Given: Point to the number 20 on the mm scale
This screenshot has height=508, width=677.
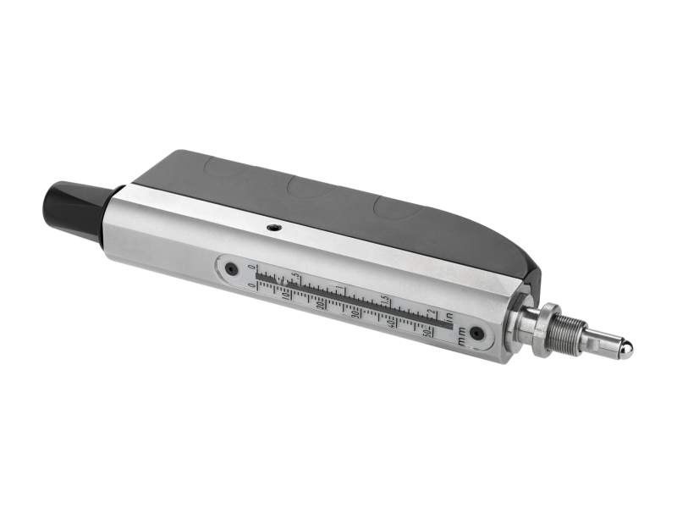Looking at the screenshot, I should click(321, 306).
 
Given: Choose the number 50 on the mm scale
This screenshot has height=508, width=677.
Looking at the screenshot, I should click(427, 332).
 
